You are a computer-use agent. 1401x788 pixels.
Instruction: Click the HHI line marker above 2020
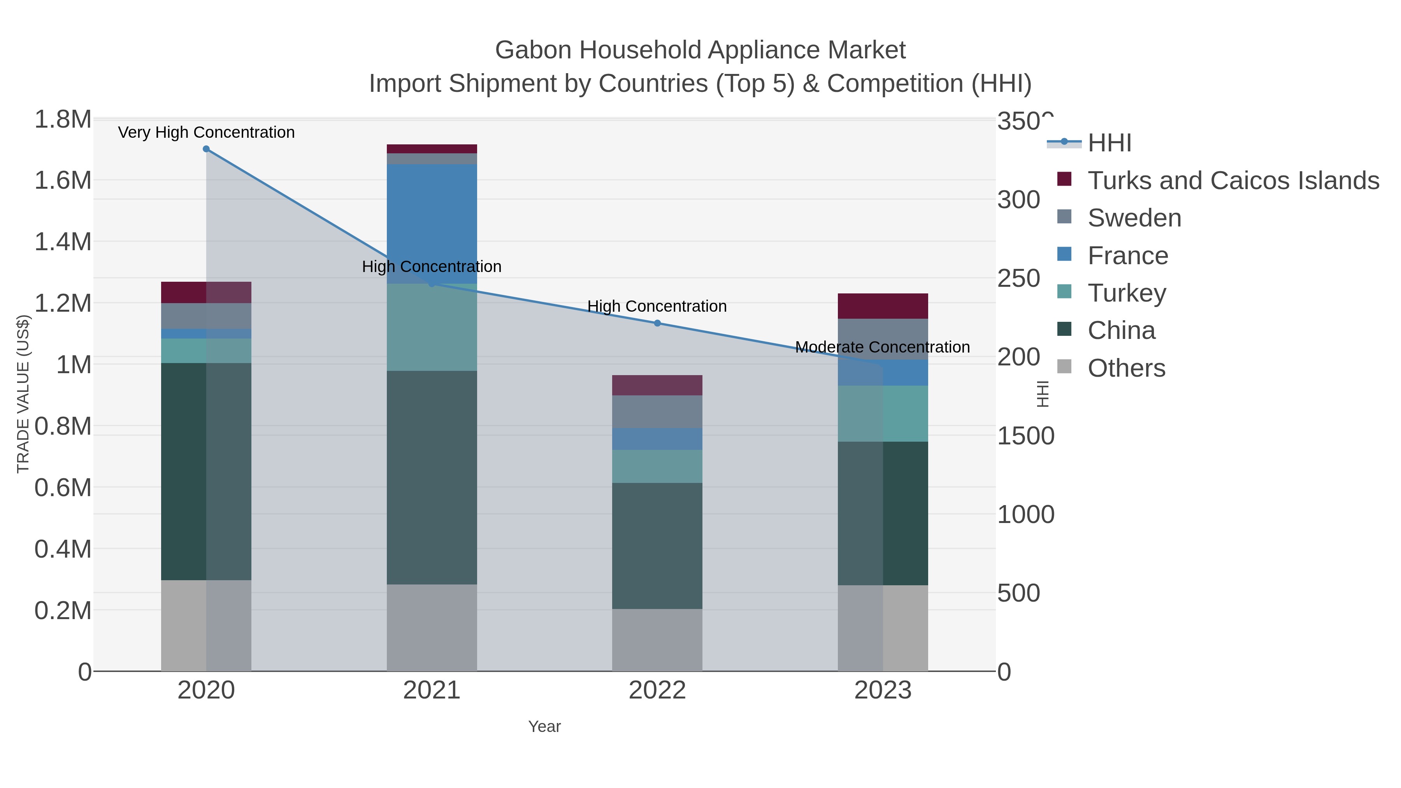coord(206,149)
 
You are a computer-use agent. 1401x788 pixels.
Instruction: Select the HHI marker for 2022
coord(657,323)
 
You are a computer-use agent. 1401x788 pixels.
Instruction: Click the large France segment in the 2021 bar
coord(432,223)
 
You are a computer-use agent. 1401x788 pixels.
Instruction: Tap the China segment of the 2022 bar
coord(657,546)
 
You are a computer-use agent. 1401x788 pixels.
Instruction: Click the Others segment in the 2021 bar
coord(432,628)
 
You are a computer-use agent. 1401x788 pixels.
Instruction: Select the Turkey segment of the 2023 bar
coord(883,413)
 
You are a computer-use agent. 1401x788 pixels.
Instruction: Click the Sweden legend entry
coord(1134,218)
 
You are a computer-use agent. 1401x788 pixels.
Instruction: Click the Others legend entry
coord(1126,368)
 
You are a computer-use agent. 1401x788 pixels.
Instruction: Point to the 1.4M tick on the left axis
coord(63,241)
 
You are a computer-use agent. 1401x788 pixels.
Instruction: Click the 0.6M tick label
coord(63,487)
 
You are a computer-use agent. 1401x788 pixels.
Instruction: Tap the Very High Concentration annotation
coord(206,132)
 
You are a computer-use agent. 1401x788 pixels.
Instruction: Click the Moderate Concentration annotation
coord(882,347)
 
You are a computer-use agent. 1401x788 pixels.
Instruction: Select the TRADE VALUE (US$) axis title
coord(23,394)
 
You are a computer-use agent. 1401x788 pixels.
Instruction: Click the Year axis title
coord(544,727)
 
